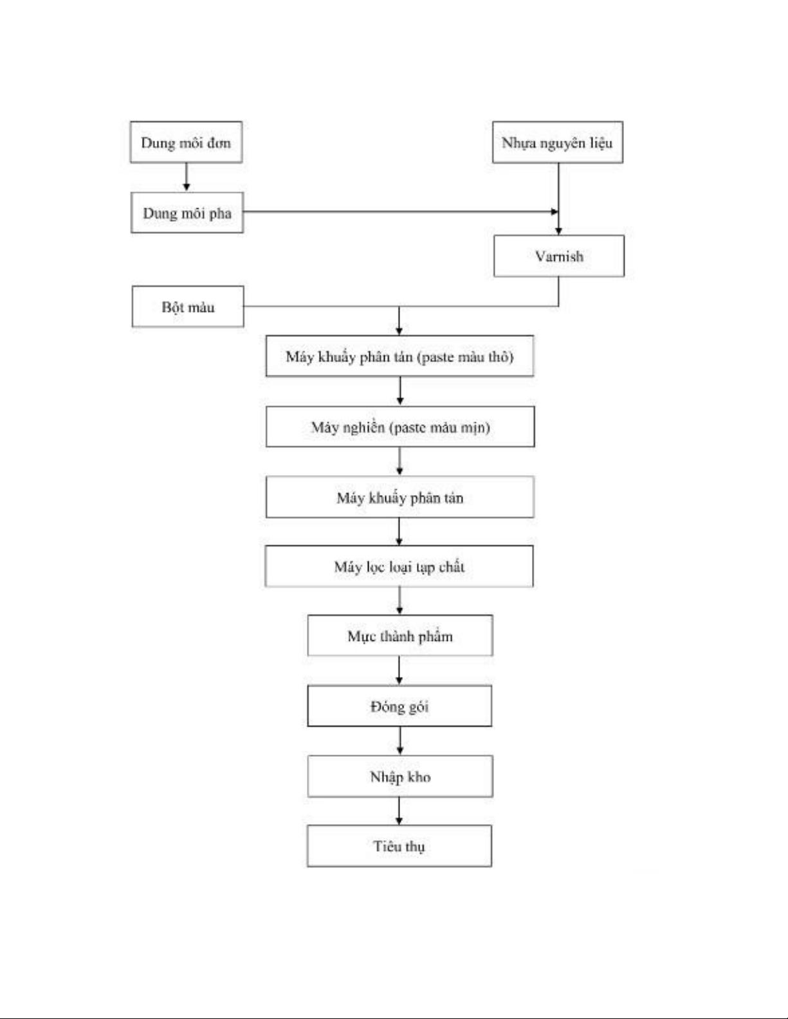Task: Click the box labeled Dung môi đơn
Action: point(186,142)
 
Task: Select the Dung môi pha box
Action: point(187,212)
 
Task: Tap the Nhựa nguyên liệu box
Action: point(558,142)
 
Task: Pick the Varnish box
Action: point(559,256)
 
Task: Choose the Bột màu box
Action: point(188,307)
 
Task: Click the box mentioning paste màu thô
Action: point(399,356)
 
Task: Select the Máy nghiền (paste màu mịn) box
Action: point(400,427)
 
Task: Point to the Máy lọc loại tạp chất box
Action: point(399,566)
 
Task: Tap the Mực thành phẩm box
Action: point(400,635)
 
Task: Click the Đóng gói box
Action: point(399,706)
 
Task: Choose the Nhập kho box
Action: point(400,776)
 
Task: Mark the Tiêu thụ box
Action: point(399,846)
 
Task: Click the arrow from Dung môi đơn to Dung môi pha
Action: point(186,177)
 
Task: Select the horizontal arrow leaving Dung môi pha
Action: point(401,212)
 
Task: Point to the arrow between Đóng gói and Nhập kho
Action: point(399,741)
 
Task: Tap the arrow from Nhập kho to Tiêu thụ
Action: point(399,811)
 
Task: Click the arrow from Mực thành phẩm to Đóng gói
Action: point(399,671)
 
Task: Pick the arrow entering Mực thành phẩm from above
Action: point(399,600)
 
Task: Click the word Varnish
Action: point(559,256)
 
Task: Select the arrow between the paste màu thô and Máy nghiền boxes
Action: point(400,391)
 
